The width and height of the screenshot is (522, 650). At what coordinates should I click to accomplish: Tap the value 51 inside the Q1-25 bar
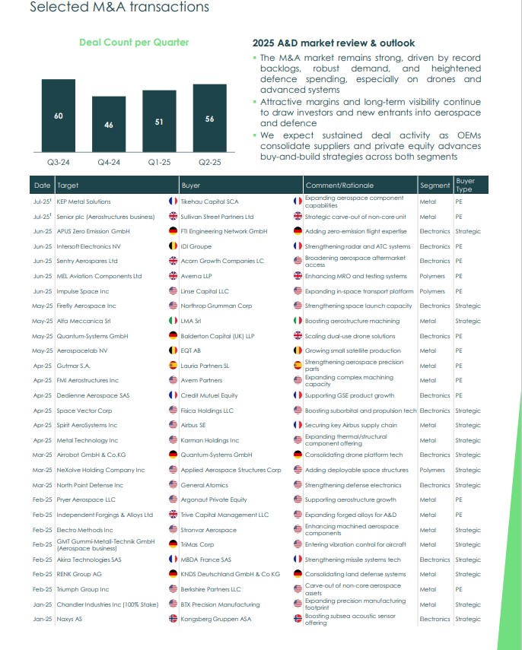pos(159,121)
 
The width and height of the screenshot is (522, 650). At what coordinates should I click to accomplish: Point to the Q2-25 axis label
pos(209,162)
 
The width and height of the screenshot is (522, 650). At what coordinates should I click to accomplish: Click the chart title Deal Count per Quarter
pos(134,43)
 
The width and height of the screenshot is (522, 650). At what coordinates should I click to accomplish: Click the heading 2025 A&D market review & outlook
pos(333,43)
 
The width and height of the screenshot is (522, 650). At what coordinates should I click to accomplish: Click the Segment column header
pos(434,185)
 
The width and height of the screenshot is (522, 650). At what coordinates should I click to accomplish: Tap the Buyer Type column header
pos(464,185)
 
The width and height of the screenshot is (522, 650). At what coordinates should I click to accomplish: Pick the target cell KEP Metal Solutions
pos(84,202)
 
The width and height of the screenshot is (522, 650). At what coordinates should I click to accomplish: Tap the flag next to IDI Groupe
pos(173,247)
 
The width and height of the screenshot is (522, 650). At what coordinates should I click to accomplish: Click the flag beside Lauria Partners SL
pos(173,366)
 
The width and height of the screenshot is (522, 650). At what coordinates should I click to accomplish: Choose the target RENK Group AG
pos(79,575)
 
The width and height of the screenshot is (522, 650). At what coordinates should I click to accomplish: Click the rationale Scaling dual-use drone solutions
pos(349,336)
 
